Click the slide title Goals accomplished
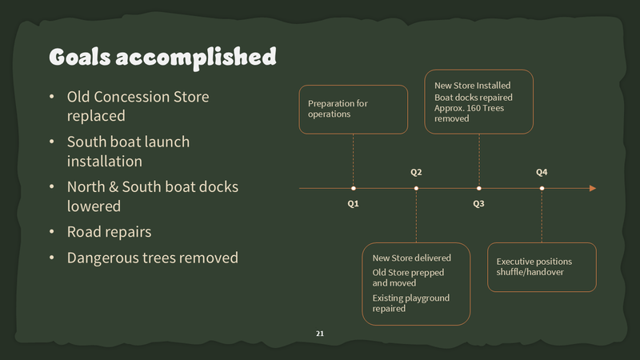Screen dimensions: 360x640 click(x=162, y=57)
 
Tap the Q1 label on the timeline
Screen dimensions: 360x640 click(x=353, y=204)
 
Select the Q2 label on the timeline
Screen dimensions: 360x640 click(x=416, y=173)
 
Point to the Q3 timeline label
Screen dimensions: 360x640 click(x=478, y=204)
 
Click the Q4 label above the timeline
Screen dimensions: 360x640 click(x=542, y=173)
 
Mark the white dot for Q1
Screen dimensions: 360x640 click(x=354, y=189)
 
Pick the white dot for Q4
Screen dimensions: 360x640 click(x=542, y=189)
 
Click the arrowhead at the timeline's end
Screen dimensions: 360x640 click(x=593, y=189)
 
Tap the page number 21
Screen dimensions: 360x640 click(x=320, y=333)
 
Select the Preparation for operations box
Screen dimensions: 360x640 click(x=353, y=109)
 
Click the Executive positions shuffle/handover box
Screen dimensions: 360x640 click(x=542, y=266)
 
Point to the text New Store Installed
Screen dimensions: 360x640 click(x=472, y=86)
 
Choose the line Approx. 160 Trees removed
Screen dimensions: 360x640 click(x=469, y=113)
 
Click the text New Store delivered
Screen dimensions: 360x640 click(x=411, y=258)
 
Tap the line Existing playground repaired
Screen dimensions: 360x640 click(x=410, y=302)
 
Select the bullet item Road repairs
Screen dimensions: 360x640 click(x=109, y=232)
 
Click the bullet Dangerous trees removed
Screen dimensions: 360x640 click(x=152, y=258)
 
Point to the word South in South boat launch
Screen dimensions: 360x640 click(x=86, y=142)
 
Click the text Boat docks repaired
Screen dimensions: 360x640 click(x=468, y=98)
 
